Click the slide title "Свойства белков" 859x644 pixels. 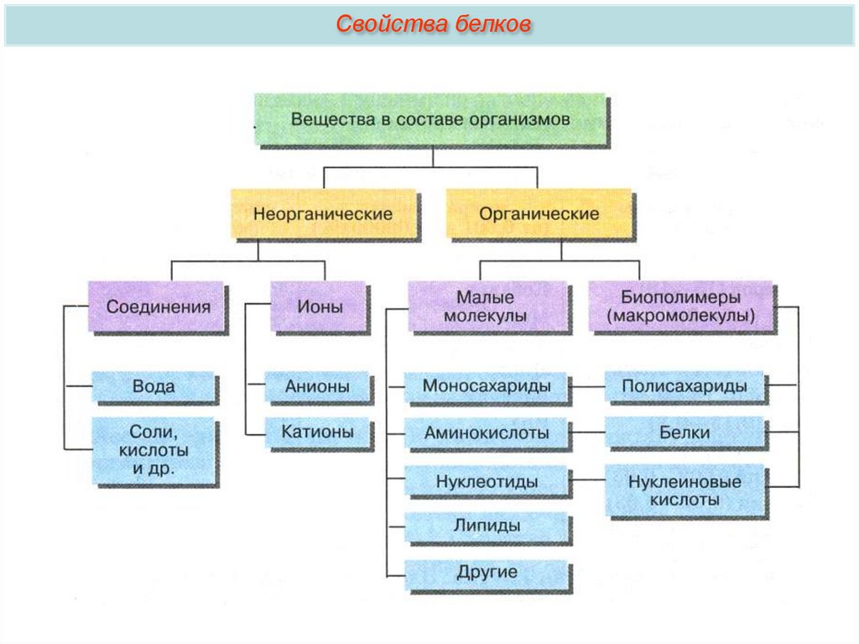point(433,24)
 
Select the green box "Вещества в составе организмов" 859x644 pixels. point(430,119)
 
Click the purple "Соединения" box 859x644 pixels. point(158,306)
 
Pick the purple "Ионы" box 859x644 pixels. point(320,306)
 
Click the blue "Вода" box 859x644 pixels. point(154,387)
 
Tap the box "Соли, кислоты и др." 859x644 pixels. point(154,451)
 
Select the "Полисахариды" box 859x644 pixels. point(685,387)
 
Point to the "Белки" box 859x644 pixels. point(685,433)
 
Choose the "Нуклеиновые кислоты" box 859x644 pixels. point(685,490)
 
